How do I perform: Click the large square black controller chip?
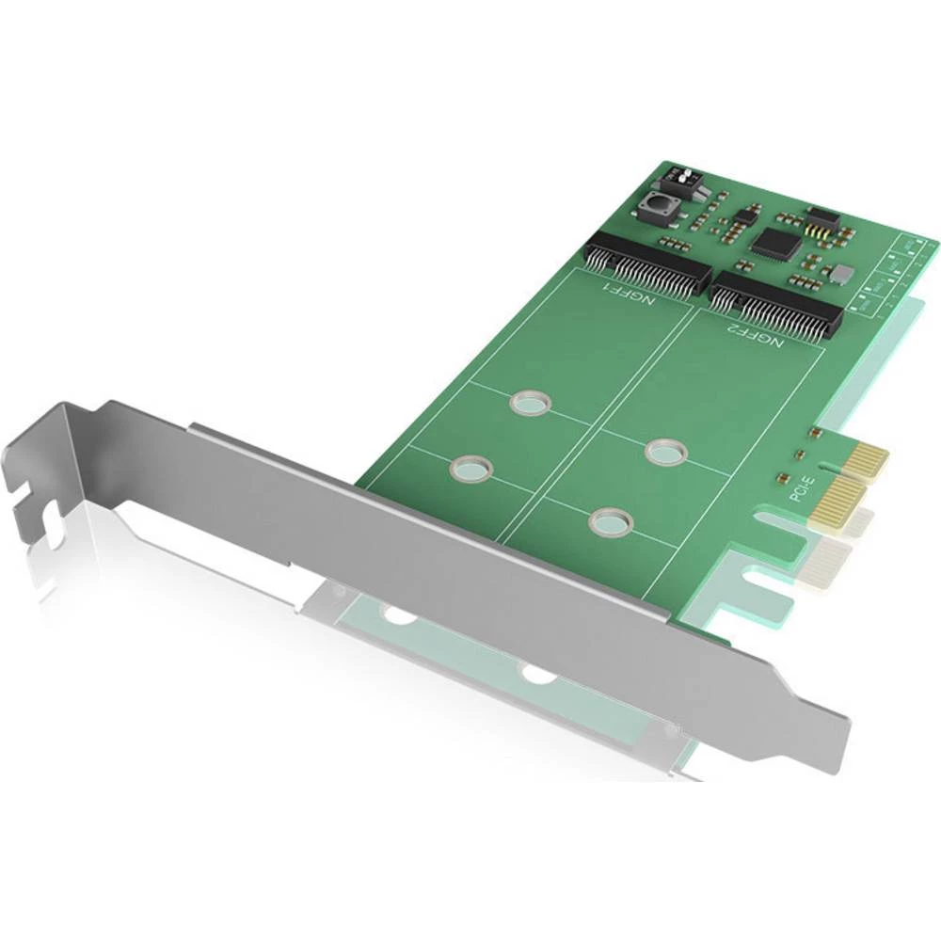click(775, 244)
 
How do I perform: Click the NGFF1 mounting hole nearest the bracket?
click(470, 468)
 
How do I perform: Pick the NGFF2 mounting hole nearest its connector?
click(666, 453)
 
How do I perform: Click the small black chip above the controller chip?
click(745, 216)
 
